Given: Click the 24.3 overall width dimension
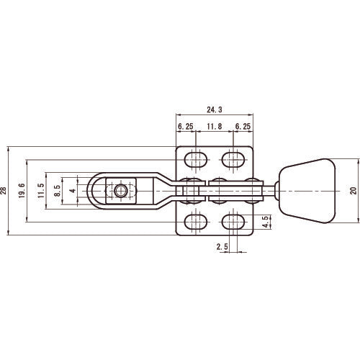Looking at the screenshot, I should click(214, 110).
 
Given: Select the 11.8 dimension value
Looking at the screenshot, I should click(214, 126).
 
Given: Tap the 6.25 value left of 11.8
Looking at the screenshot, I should click(186, 126).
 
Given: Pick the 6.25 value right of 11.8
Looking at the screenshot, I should click(243, 126).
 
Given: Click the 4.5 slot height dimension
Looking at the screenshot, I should click(266, 221).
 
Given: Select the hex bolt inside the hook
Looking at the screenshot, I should click(119, 191).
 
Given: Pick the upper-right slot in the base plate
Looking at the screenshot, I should click(233, 158).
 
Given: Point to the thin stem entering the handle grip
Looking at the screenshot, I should click(274, 191).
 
